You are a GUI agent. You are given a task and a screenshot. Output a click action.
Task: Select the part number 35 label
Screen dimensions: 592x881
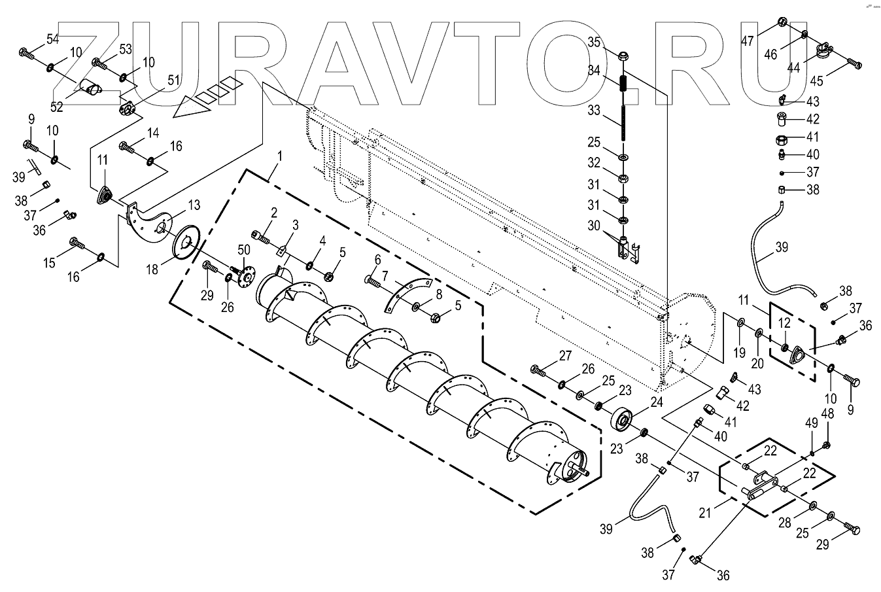point(594,43)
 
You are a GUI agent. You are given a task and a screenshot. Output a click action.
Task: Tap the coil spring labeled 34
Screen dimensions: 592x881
point(624,84)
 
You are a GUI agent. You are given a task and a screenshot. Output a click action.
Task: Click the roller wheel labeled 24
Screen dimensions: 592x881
point(622,419)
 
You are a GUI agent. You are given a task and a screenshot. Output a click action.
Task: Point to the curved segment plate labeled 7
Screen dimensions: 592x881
point(407,293)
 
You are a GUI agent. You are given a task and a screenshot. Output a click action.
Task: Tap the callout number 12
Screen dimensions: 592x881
point(784,322)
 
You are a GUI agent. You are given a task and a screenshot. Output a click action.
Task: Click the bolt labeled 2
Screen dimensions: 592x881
point(260,235)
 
